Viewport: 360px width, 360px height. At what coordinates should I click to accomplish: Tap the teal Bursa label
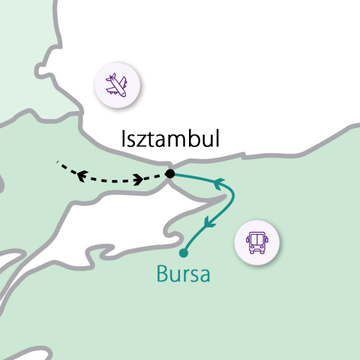click(183, 274)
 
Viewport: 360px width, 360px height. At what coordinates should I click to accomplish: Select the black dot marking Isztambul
click(170, 174)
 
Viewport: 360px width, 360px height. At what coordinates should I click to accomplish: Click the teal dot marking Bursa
click(182, 253)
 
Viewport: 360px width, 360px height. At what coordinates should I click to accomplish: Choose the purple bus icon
click(256, 242)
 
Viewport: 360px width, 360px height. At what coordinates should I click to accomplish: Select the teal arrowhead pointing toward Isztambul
click(218, 182)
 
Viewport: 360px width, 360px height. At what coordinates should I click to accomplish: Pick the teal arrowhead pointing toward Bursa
click(209, 223)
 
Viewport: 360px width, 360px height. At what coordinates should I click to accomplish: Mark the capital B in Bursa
click(162, 274)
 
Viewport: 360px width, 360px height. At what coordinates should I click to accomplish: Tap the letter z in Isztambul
click(141, 142)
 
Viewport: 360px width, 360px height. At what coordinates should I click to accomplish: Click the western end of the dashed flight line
click(58, 163)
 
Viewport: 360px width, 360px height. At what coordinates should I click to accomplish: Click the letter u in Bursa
click(177, 276)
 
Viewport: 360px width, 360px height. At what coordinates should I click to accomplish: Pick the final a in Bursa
click(204, 276)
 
